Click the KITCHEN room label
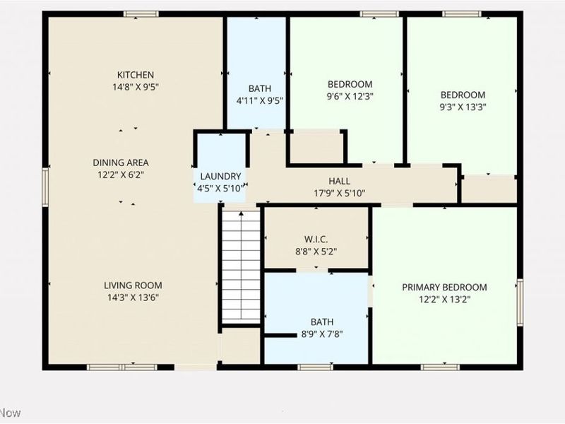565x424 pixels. [x=136, y=75]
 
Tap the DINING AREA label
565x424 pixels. [x=121, y=163]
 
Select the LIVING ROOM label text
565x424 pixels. [x=133, y=285]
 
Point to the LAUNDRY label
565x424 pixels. [x=220, y=176]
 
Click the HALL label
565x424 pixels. [x=339, y=181]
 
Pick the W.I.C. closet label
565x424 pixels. [x=316, y=240]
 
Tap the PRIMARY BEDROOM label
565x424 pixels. [x=444, y=288]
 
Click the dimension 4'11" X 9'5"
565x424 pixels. [x=259, y=100]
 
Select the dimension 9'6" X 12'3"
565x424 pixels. [x=350, y=96]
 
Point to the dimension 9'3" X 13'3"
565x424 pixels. [x=463, y=107]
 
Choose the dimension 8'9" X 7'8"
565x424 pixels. [x=322, y=334]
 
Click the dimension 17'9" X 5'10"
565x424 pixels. [x=340, y=193]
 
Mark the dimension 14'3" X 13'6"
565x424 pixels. [x=133, y=298]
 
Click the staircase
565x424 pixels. [x=241, y=267]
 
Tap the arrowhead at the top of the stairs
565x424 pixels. [x=241, y=213]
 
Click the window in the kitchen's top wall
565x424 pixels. [x=141, y=14]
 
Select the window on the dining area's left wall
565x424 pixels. [x=45, y=187]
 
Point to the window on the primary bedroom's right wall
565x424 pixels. [x=520, y=302]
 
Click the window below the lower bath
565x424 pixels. [x=315, y=367]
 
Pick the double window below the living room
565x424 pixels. [x=121, y=367]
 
